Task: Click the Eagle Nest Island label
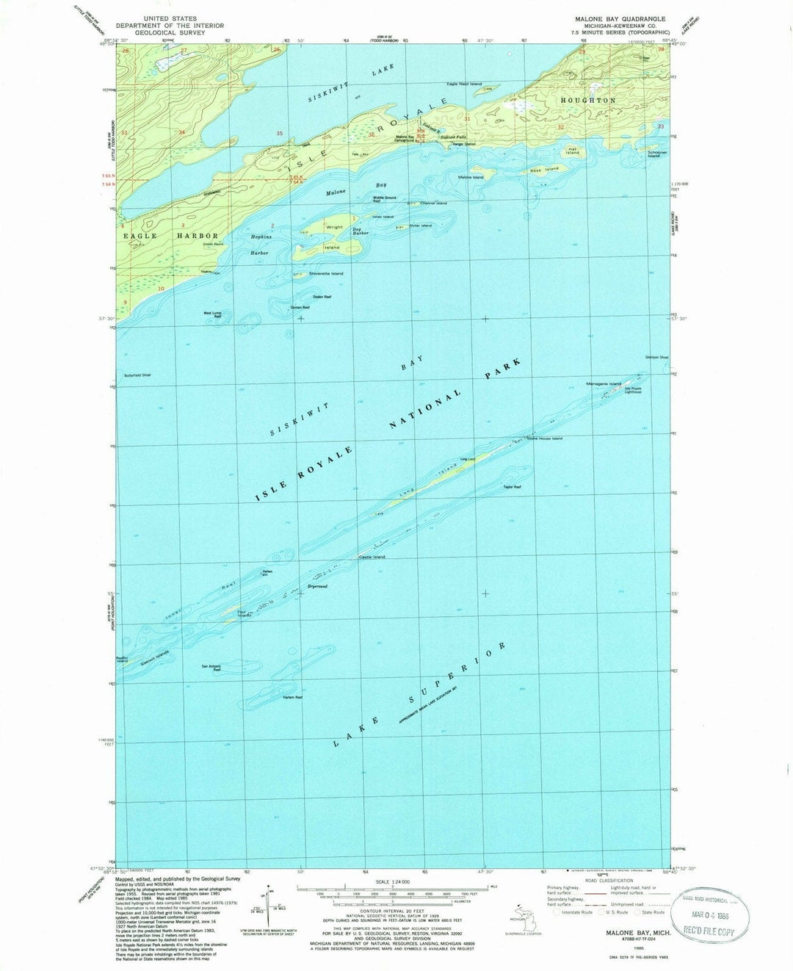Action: (x=465, y=84)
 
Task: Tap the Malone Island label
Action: (x=471, y=177)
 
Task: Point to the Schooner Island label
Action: (x=657, y=155)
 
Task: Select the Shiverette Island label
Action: (x=327, y=273)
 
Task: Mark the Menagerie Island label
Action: (x=604, y=384)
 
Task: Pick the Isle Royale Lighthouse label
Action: (x=633, y=390)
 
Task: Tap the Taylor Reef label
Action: (x=512, y=487)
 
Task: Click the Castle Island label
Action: (x=372, y=557)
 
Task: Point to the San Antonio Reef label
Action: (x=211, y=668)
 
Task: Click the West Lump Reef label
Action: (x=212, y=315)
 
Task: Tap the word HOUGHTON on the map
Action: (x=588, y=100)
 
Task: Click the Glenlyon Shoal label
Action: (x=656, y=358)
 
